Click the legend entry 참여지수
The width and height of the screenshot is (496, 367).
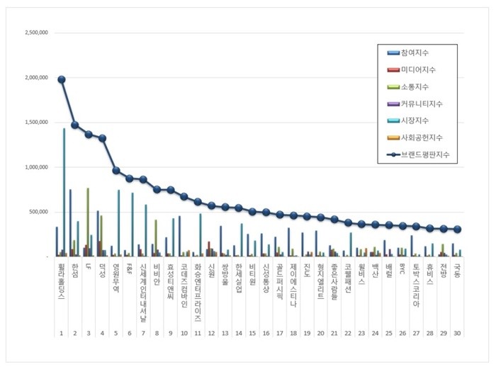coord(414,53)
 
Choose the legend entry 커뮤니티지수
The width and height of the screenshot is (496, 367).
coord(421,103)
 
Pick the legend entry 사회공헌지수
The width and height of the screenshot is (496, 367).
coord(421,137)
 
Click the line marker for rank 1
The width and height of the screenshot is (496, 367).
coord(62,80)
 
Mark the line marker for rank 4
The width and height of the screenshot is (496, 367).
coord(102,138)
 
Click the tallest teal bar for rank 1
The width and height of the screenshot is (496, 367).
coord(64,191)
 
